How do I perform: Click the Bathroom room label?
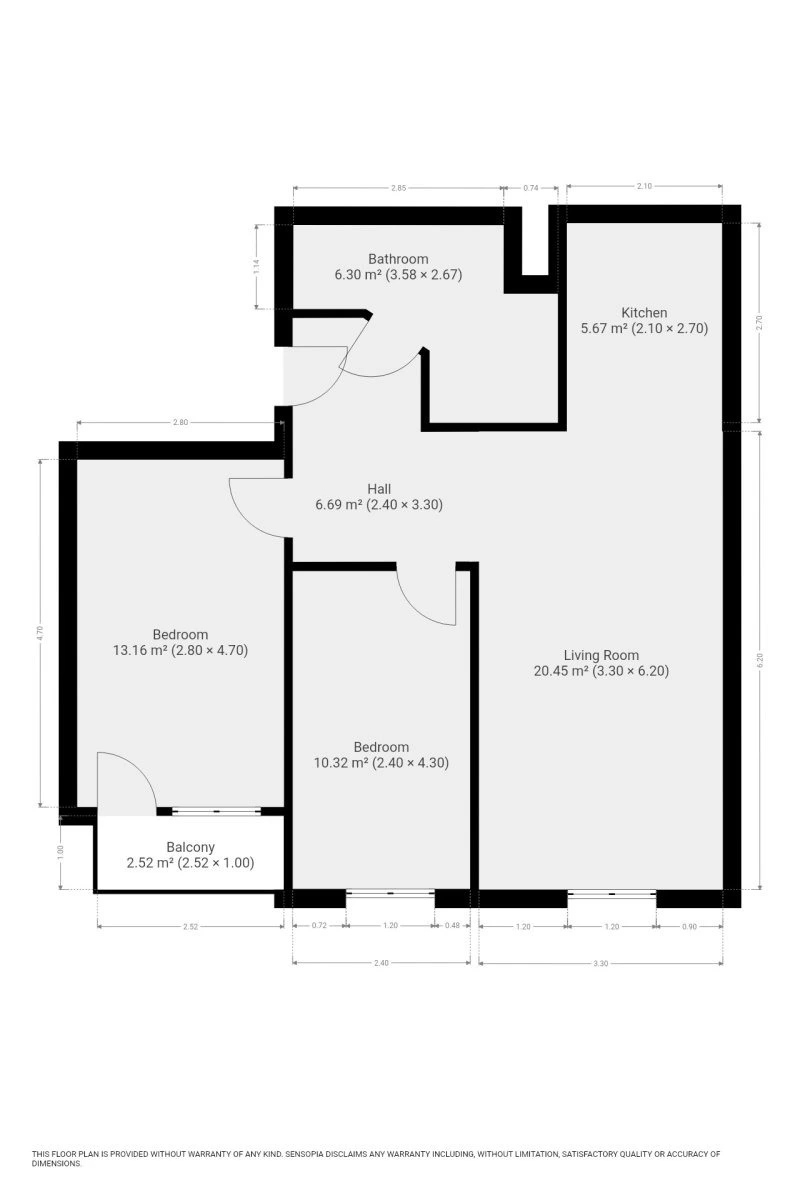(x=398, y=259)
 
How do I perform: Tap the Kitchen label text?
(x=644, y=312)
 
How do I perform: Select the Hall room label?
(x=379, y=489)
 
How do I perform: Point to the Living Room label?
(x=601, y=655)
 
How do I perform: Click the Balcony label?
(x=190, y=847)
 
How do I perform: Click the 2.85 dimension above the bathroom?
(x=399, y=188)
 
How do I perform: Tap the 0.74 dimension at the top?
(x=530, y=188)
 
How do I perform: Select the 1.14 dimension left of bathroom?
(x=257, y=266)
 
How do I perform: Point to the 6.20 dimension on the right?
(x=759, y=660)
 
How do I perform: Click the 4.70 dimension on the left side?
(x=40, y=633)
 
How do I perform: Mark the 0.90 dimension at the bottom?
(x=689, y=926)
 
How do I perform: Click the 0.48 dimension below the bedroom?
(x=452, y=925)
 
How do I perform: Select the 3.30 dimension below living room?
(x=601, y=963)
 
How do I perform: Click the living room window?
(x=611, y=892)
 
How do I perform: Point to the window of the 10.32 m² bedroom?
(x=390, y=892)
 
